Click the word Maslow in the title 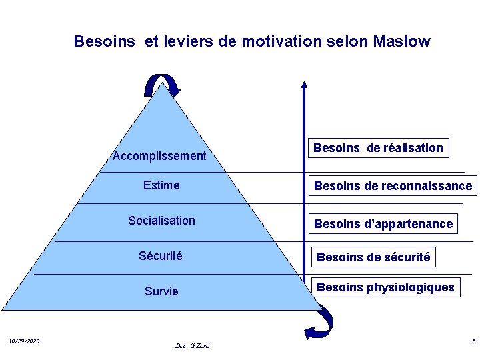tap(402, 41)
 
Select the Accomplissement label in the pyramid tap(159, 156)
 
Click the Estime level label tap(161, 185)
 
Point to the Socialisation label tap(161, 221)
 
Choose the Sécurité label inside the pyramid tap(161, 256)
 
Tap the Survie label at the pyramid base tap(161, 291)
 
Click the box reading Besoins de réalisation tap(378, 148)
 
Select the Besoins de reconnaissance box tap(393, 186)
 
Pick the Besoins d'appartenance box tap(383, 224)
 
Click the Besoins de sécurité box tap(373, 257)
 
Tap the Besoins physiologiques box tap(385, 288)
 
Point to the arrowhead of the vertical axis tap(304, 85)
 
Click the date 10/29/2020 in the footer tap(25, 341)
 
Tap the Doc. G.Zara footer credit tap(192, 346)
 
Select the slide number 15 tap(472, 341)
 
